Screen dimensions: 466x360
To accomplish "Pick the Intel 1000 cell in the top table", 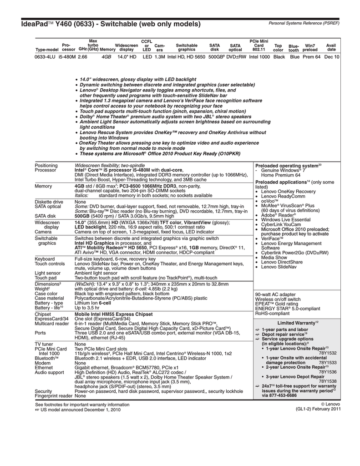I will click(259, 57).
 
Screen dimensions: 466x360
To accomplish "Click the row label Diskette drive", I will click(49, 201).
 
